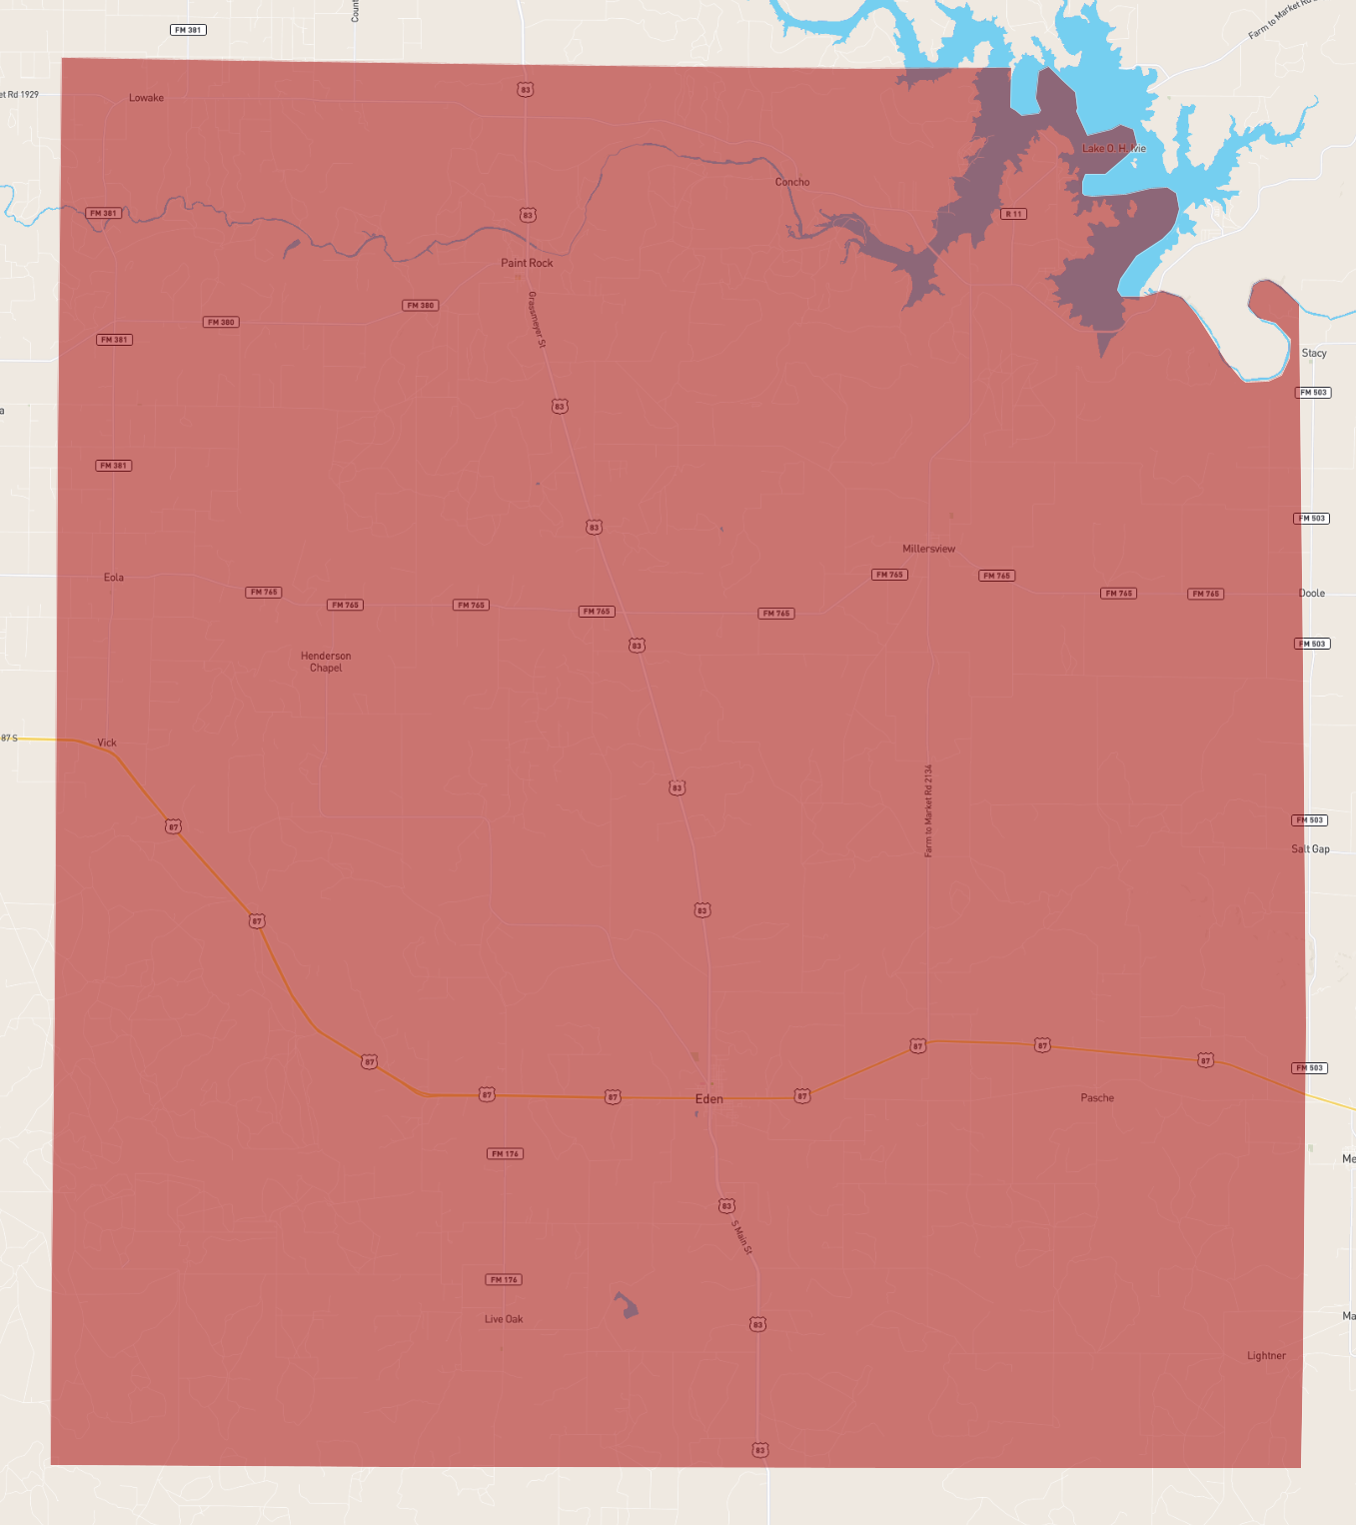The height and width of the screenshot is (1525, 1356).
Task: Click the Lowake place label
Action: point(146,98)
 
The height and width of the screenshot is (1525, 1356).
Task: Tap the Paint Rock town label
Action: point(527,263)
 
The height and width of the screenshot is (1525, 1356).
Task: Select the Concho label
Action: point(792,182)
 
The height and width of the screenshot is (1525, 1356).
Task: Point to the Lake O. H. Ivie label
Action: point(1114,148)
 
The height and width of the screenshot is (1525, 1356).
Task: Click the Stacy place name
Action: point(1314,353)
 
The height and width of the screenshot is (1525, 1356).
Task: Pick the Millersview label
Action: point(928,549)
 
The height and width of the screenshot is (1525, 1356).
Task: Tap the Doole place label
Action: point(1312,593)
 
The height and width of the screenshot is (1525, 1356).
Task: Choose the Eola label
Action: point(114,577)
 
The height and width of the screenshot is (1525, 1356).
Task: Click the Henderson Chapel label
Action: point(326,662)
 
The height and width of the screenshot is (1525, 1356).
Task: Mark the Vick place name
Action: point(107,743)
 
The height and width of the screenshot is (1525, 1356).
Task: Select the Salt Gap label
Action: point(1310,848)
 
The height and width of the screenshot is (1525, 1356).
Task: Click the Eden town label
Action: point(708,1098)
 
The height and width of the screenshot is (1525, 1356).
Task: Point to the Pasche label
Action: point(1097,1097)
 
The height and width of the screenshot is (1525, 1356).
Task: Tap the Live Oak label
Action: point(504,1319)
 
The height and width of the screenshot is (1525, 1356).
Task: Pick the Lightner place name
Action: point(1266,1356)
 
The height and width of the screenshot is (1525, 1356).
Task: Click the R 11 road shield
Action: point(1013,214)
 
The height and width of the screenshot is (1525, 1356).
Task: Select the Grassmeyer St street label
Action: point(537,320)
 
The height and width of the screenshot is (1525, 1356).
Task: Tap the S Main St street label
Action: point(741,1237)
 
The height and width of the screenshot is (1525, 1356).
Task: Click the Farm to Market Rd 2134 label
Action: point(928,810)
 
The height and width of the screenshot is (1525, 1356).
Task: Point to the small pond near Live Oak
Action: point(627,1305)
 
